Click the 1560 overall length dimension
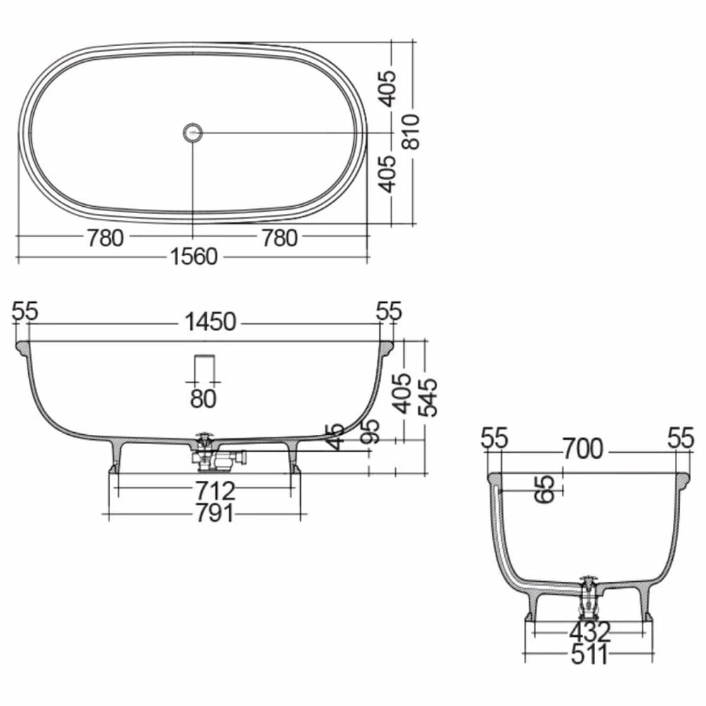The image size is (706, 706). pyautogui.click(x=193, y=257)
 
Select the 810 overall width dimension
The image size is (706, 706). pyautogui.click(x=412, y=132)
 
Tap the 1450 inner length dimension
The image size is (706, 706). pyautogui.click(x=210, y=323)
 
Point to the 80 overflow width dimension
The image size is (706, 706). pyautogui.click(x=203, y=398)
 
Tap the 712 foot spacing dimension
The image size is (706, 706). pyautogui.click(x=204, y=489)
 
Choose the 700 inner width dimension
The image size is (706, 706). pyautogui.click(x=582, y=448)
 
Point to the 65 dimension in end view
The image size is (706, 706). pyautogui.click(x=544, y=488)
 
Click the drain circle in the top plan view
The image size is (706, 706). pyautogui.click(x=193, y=132)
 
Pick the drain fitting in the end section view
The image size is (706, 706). pyautogui.click(x=587, y=597)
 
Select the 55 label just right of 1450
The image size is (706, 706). pyautogui.click(x=389, y=311)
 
